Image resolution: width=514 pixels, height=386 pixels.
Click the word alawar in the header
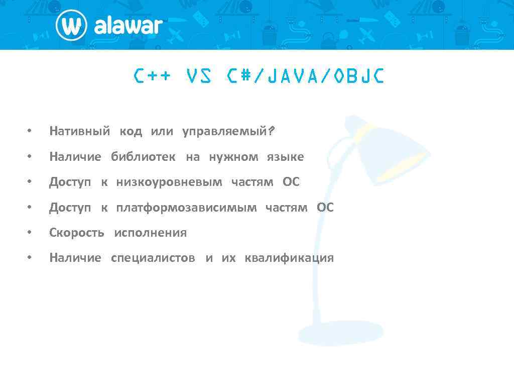click(128, 26)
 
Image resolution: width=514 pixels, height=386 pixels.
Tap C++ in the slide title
click(153, 76)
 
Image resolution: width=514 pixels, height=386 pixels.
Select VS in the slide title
click(199, 76)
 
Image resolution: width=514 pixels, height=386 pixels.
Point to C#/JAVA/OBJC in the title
click(305, 76)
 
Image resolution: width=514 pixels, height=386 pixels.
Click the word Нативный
click(79, 132)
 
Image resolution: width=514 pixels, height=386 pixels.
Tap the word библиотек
click(143, 157)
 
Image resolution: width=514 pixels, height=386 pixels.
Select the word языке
click(285, 157)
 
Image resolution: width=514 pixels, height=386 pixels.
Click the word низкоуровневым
click(169, 182)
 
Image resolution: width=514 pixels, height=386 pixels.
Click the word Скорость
click(76, 233)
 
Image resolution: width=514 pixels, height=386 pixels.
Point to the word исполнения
click(150, 233)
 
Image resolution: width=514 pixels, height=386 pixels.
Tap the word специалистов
click(153, 258)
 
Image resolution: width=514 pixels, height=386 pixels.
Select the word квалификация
click(289, 258)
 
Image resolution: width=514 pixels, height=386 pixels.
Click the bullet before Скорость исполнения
click(30, 233)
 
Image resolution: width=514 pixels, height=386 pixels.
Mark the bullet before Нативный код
click(30, 132)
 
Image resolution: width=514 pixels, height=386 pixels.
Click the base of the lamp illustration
click(341, 333)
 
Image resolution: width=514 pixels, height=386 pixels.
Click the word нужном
click(233, 157)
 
